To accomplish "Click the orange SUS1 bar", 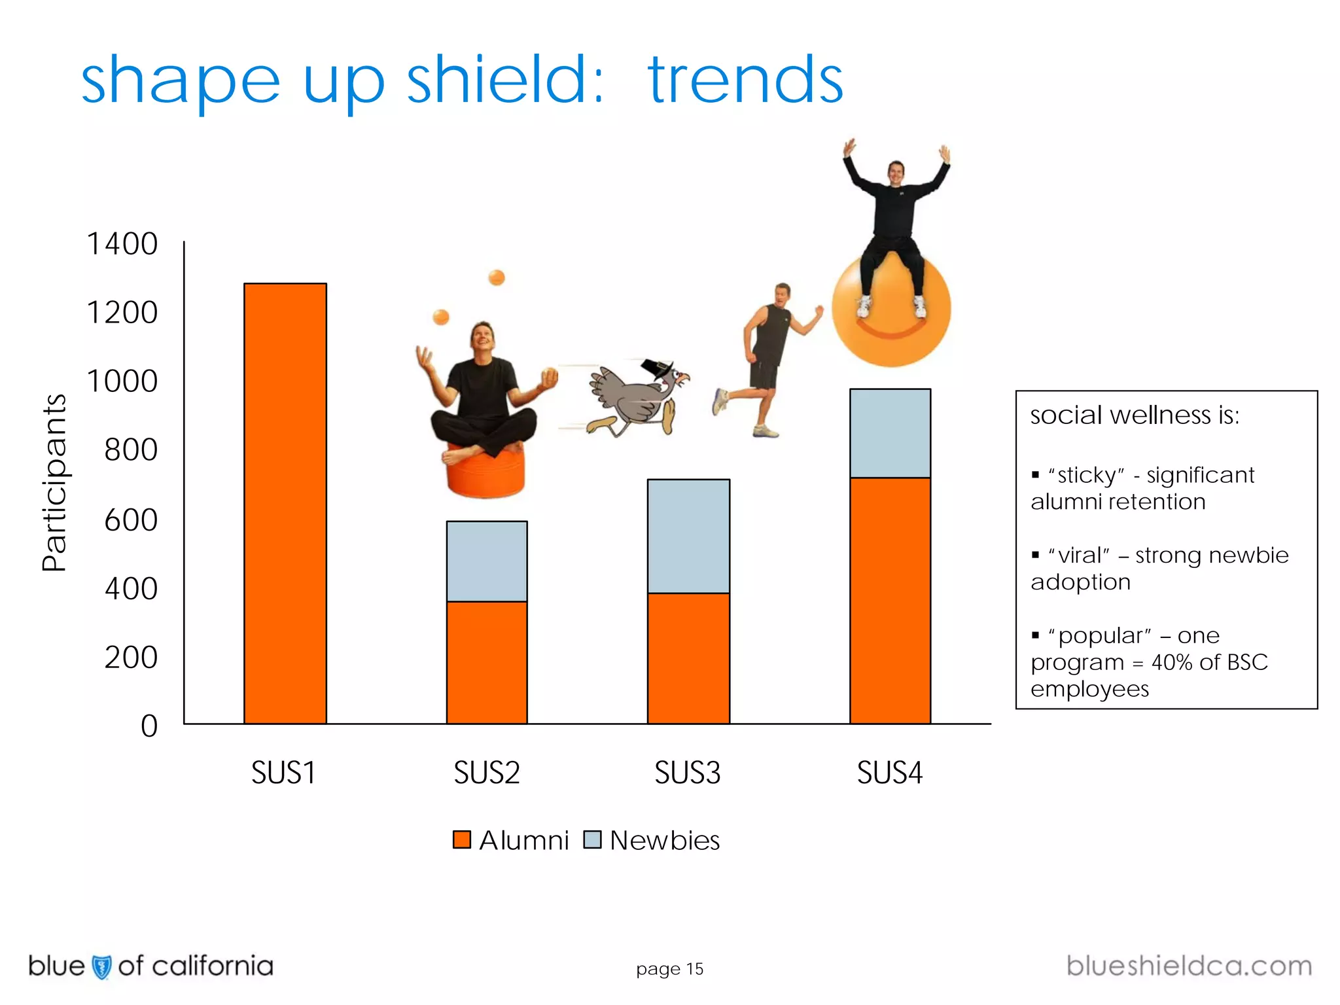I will [x=285, y=504].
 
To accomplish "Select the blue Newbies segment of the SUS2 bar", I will [x=487, y=561].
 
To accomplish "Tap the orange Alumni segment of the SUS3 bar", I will [x=688, y=658].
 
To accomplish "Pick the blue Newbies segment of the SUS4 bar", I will [x=890, y=433].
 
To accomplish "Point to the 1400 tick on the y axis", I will [x=122, y=244].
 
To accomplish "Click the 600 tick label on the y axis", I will [x=131, y=521].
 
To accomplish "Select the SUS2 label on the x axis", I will [x=487, y=773].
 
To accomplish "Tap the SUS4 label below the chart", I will [x=890, y=773].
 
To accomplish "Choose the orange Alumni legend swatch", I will [x=462, y=839].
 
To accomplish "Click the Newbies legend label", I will [x=665, y=841].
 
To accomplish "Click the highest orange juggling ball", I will [x=497, y=277].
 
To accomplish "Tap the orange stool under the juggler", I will [x=485, y=472].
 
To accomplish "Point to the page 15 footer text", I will [x=669, y=969].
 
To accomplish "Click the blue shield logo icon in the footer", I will [x=101, y=966].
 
